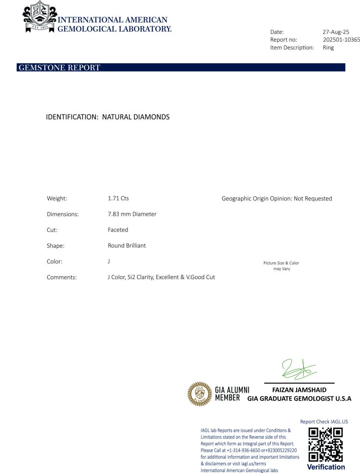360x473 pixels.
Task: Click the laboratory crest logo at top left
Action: click(40, 17)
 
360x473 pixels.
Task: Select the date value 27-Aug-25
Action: click(336, 32)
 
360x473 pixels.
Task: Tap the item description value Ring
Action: click(328, 48)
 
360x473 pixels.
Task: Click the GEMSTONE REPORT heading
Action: click(59, 68)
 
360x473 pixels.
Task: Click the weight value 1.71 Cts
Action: click(118, 198)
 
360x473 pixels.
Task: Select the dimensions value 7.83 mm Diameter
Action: click(132, 214)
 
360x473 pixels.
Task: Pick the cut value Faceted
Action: click(118, 230)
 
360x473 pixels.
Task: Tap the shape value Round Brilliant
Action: click(127, 246)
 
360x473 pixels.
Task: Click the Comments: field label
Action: click(61, 277)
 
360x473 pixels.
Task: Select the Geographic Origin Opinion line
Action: click(277, 199)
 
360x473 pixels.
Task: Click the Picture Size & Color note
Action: click(281, 266)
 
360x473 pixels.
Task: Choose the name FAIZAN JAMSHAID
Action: click(299, 390)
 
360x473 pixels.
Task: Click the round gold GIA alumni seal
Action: click(199, 394)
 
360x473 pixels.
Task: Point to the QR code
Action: click(326, 444)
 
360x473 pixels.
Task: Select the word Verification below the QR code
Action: click(326, 467)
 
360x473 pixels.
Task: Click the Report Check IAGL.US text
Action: click(324, 421)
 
